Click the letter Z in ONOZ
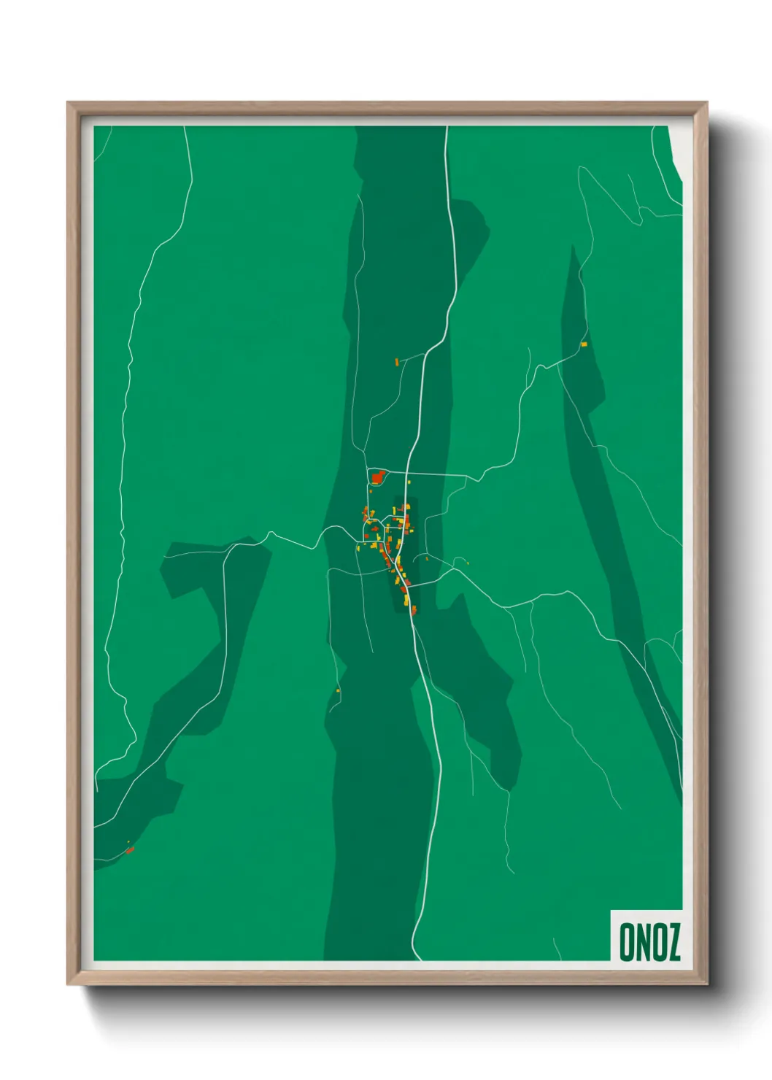tap(673, 942)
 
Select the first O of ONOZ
tap(626, 942)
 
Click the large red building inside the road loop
tap(377, 478)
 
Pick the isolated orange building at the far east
tap(584, 344)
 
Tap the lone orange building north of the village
tap(397, 361)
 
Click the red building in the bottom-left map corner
tap(130, 849)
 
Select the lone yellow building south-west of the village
tap(338, 690)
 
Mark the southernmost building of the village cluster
tap(414, 610)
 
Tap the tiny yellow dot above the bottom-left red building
tap(128, 842)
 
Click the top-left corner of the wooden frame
tap(68, 104)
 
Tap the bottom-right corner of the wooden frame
tap(706, 984)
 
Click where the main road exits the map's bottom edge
tap(417, 959)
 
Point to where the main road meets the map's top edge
tap(447, 128)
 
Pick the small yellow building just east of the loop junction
tap(409, 482)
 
